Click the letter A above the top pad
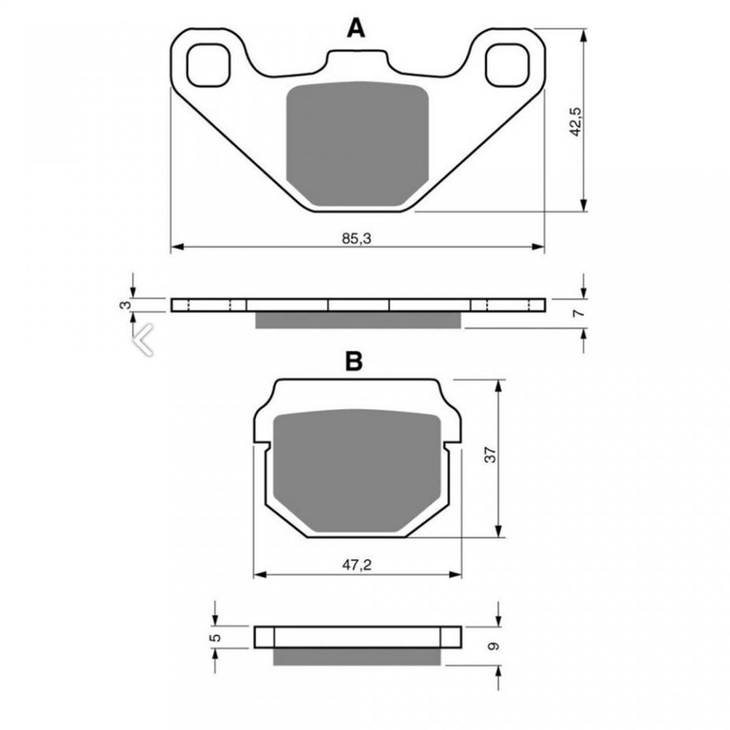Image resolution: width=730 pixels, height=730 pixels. coord(356,29)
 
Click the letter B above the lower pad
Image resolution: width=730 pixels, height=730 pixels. coord(354,361)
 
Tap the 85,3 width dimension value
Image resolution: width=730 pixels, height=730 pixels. coord(356,238)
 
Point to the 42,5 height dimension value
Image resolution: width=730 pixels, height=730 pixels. coord(575,122)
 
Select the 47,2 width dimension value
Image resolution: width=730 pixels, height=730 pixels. coord(357,576)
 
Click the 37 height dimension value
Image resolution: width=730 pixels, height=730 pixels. coord(490,454)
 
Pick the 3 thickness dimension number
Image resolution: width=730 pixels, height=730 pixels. coord(125,304)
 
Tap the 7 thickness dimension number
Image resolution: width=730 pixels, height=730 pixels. coord(577,313)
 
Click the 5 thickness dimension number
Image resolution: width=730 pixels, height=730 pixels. coord(215,638)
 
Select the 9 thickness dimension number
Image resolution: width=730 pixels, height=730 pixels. coord(493,646)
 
